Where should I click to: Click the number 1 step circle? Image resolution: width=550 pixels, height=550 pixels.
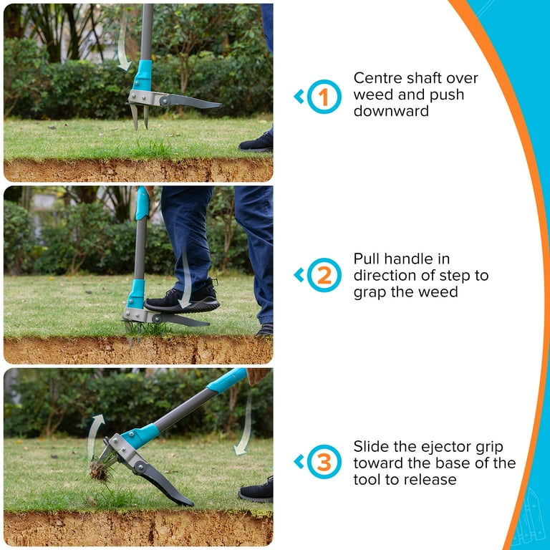pyautogui.click(x=324, y=97)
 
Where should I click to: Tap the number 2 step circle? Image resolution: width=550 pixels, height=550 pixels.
pyautogui.click(x=324, y=275)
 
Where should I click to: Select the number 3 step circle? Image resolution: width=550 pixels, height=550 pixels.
pyautogui.click(x=324, y=462)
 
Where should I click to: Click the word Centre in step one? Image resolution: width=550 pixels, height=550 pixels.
pyautogui.click(x=378, y=78)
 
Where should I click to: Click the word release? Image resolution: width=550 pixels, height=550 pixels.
pyautogui.click(x=431, y=479)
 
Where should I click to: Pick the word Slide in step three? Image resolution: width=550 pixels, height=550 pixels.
pyautogui.click(x=372, y=445)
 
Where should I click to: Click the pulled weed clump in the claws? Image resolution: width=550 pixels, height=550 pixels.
pyautogui.click(x=100, y=470)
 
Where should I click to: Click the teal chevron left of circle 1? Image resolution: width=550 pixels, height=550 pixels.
pyautogui.click(x=299, y=97)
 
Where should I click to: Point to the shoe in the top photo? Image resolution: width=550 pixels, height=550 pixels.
pyautogui.click(x=256, y=142)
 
